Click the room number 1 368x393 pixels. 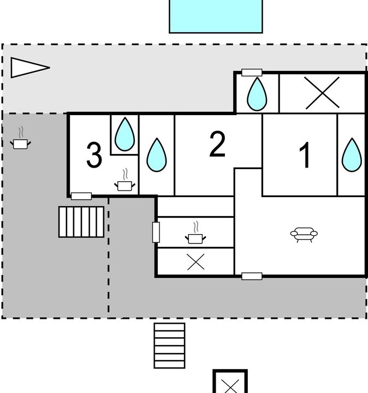click(306, 155)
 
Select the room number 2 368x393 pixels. click(217, 144)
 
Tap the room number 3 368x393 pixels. click(94, 155)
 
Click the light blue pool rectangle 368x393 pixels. click(216, 16)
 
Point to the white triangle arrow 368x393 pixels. click(30, 68)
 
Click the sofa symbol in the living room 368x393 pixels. click(304, 235)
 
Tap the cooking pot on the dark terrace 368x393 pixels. click(21, 141)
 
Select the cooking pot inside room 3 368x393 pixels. click(124, 182)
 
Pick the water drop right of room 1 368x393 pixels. click(352, 156)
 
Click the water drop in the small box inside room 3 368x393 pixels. click(124, 135)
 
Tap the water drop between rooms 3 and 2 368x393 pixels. click(156, 156)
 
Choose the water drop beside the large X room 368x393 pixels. click(257, 94)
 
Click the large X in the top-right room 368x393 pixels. click(322, 93)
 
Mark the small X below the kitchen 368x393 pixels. click(196, 262)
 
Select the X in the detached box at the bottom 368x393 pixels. click(230, 386)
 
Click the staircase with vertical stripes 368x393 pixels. click(81, 222)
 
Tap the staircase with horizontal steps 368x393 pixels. click(169, 346)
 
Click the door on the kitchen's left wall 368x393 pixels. click(156, 233)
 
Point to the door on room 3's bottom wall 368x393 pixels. click(81, 196)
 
